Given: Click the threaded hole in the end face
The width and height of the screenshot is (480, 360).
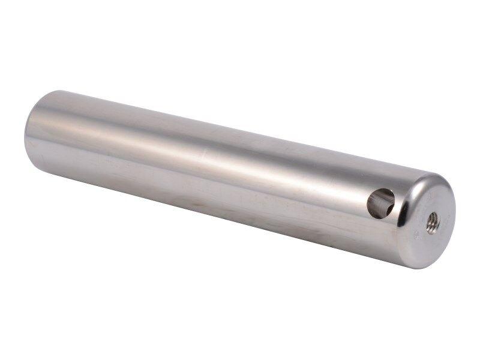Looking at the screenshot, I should [432, 223].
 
